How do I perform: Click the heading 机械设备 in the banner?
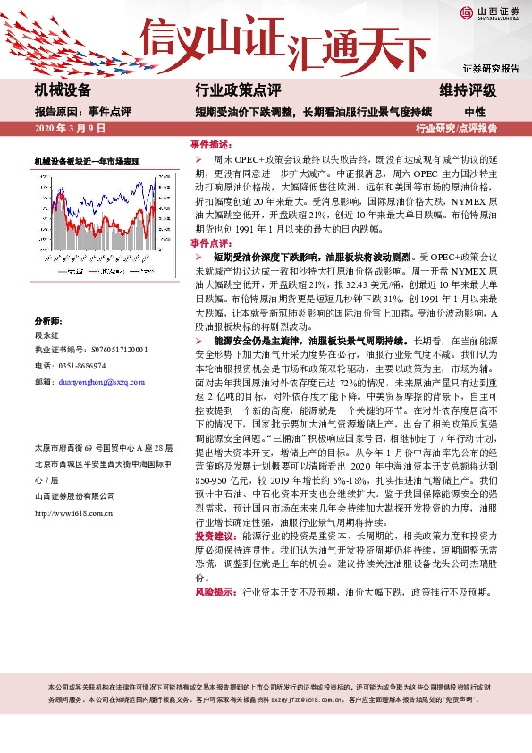tap(63, 90)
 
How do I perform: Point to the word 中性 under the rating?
tap(474, 113)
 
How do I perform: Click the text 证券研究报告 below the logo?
tap(491, 69)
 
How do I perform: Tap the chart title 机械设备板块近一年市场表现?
tap(87, 161)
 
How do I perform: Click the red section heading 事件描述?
tap(211, 144)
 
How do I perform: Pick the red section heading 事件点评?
tap(211, 242)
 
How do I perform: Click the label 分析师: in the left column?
tap(48, 319)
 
